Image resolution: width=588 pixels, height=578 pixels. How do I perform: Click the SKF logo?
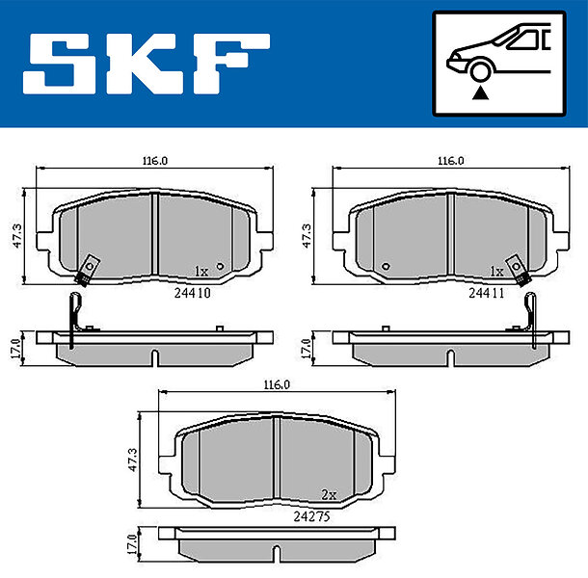(x=147, y=64)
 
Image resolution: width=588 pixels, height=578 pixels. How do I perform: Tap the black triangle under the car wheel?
(x=480, y=93)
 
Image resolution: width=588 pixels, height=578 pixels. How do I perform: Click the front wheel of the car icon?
(x=480, y=71)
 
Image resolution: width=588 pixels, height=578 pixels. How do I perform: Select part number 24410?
(x=193, y=293)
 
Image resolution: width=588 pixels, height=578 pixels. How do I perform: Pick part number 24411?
(x=487, y=293)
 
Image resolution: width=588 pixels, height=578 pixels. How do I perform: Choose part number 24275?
(x=311, y=517)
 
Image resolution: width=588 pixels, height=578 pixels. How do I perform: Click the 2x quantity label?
(x=329, y=495)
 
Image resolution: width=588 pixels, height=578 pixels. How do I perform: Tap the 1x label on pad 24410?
(x=201, y=271)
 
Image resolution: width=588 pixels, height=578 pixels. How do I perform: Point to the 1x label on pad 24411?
(x=496, y=271)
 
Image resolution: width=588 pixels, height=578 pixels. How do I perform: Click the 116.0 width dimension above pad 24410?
(x=155, y=161)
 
